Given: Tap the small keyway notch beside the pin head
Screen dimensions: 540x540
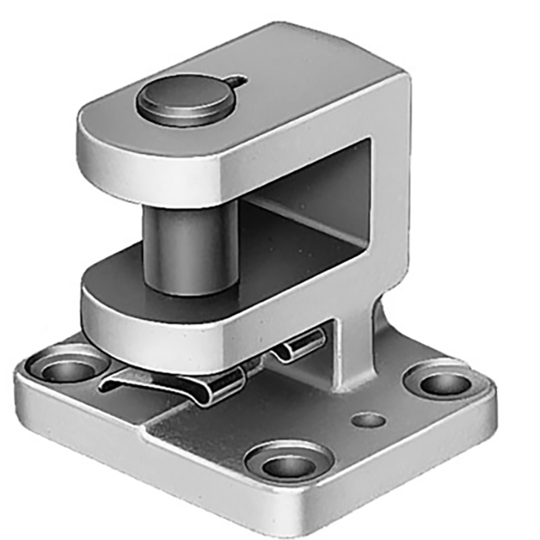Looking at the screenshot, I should [x=240, y=81].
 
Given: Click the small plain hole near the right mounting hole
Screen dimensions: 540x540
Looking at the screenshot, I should [x=369, y=420].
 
